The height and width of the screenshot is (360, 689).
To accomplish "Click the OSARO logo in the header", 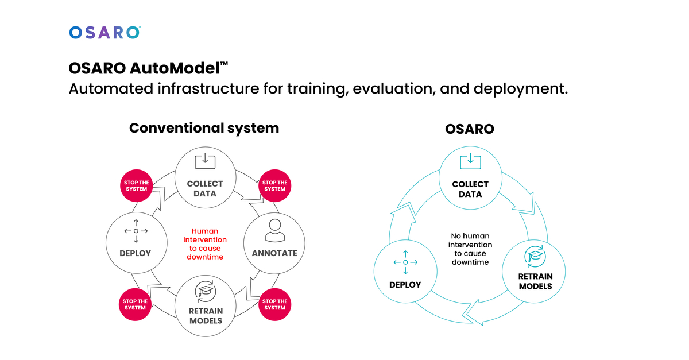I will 104,32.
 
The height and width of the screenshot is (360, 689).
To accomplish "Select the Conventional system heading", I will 204,127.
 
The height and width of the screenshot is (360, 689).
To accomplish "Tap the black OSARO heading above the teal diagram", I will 469,129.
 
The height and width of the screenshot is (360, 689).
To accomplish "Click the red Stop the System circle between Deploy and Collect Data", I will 136,186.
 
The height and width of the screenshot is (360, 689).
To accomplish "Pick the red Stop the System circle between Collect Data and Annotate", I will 274,186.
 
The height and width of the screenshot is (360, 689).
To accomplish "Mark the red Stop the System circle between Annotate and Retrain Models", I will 274,304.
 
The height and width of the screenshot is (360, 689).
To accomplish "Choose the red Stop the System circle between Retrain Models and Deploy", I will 136,304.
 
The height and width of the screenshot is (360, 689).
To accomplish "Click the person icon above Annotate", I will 274,230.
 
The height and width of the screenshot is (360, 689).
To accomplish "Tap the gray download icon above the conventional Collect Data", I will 205,161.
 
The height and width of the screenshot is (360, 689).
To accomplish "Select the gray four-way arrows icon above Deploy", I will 136,230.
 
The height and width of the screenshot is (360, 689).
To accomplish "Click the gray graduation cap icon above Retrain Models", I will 205,291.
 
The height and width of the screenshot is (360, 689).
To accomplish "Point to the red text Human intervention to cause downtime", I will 205,244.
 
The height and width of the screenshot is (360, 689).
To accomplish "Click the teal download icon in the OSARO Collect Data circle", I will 470,161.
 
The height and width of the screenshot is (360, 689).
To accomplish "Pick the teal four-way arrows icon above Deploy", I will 405,262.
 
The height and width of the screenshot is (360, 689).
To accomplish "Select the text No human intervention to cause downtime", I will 470,249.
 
